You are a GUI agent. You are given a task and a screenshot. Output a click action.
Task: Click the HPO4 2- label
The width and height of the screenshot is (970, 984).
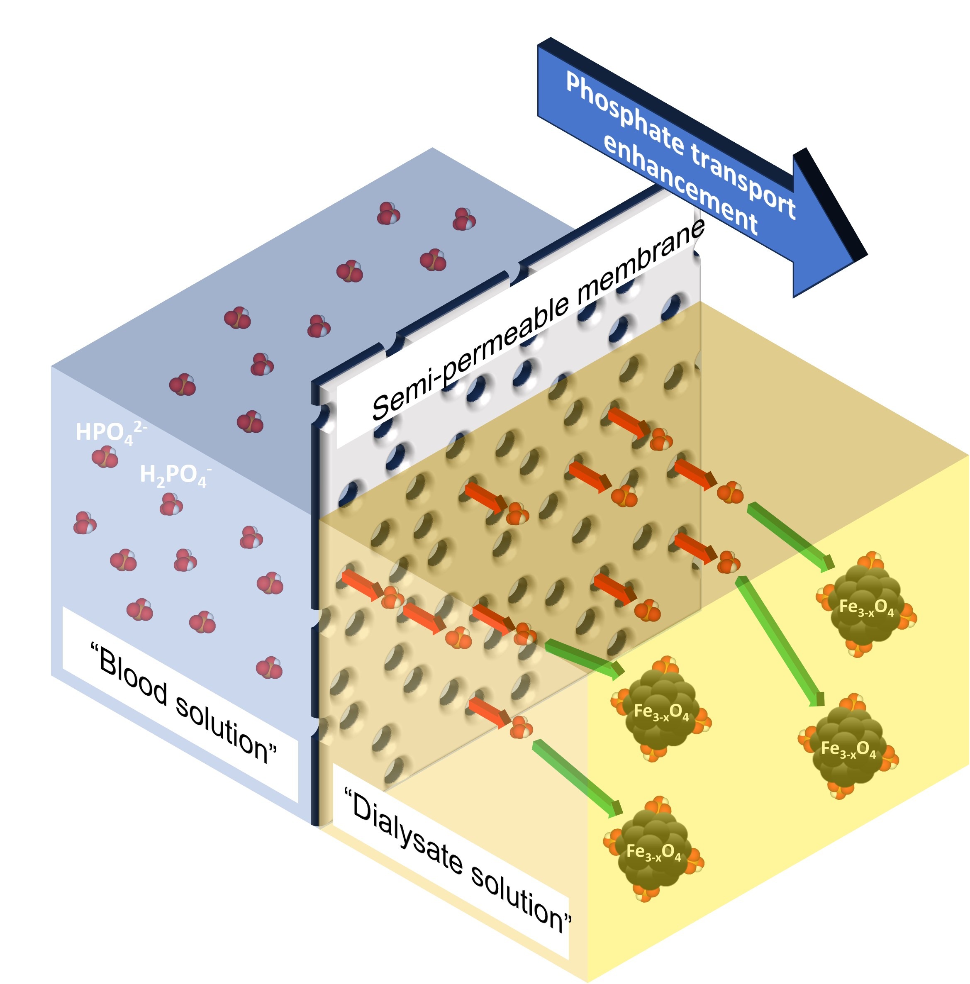coord(111,432)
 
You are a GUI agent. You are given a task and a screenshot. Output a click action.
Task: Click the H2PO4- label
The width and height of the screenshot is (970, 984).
coord(175,475)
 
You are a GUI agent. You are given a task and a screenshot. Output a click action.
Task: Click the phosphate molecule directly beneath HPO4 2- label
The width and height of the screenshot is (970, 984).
coord(105,457)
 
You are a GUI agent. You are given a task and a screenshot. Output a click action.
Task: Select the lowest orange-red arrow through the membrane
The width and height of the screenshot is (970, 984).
coord(489,711)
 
